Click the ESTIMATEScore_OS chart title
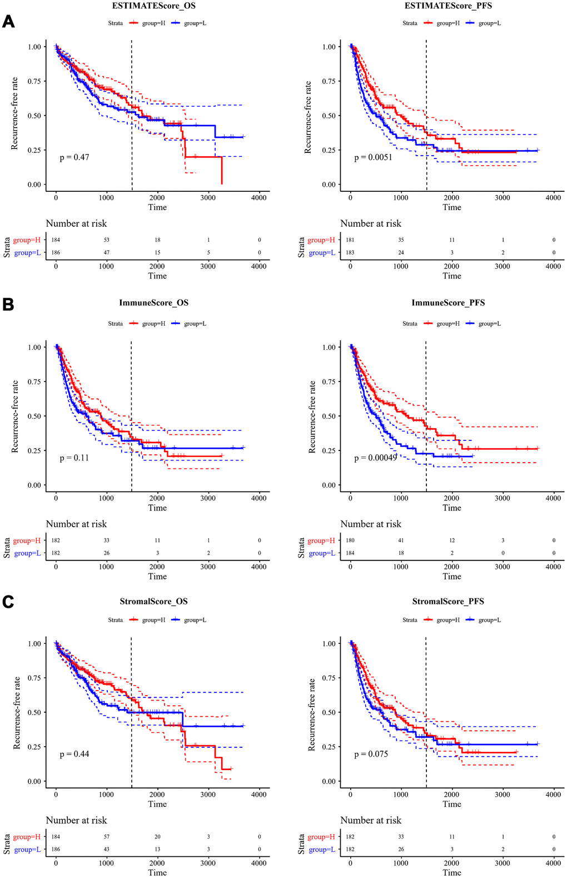click(153, 6)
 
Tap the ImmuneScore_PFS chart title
click(448, 303)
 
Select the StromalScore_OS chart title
click(153, 602)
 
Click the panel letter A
click(8, 22)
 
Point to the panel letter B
click(8, 304)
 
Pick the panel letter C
click(8, 602)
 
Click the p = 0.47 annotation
click(74, 157)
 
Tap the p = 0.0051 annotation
click(373, 157)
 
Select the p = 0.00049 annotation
click(375, 458)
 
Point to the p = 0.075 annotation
click(371, 755)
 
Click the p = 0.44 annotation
click(74, 755)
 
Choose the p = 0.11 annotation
click(74, 458)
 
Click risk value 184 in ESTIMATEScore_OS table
click(56, 240)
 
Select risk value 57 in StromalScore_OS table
click(107, 837)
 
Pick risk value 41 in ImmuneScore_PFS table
click(401, 540)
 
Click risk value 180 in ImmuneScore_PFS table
click(350, 540)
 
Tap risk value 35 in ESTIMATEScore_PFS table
click(401, 240)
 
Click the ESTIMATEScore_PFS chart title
click(448, 6)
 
